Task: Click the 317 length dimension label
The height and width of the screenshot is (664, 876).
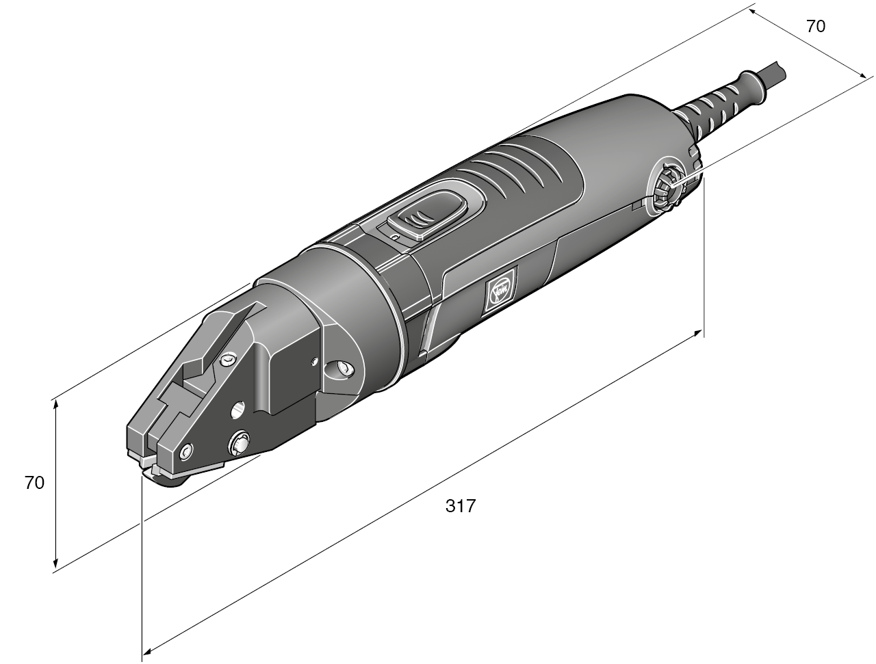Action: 460,507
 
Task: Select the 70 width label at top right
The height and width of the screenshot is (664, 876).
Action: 815,27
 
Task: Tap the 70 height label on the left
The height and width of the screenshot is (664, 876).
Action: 34,482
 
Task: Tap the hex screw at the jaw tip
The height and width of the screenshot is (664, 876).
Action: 186,452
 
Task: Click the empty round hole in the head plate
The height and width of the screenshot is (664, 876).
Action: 237,409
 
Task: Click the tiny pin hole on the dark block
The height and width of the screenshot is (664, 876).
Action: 313,360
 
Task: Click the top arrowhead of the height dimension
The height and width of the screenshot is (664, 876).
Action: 55,403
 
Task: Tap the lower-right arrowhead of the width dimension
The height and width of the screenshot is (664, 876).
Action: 864,77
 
